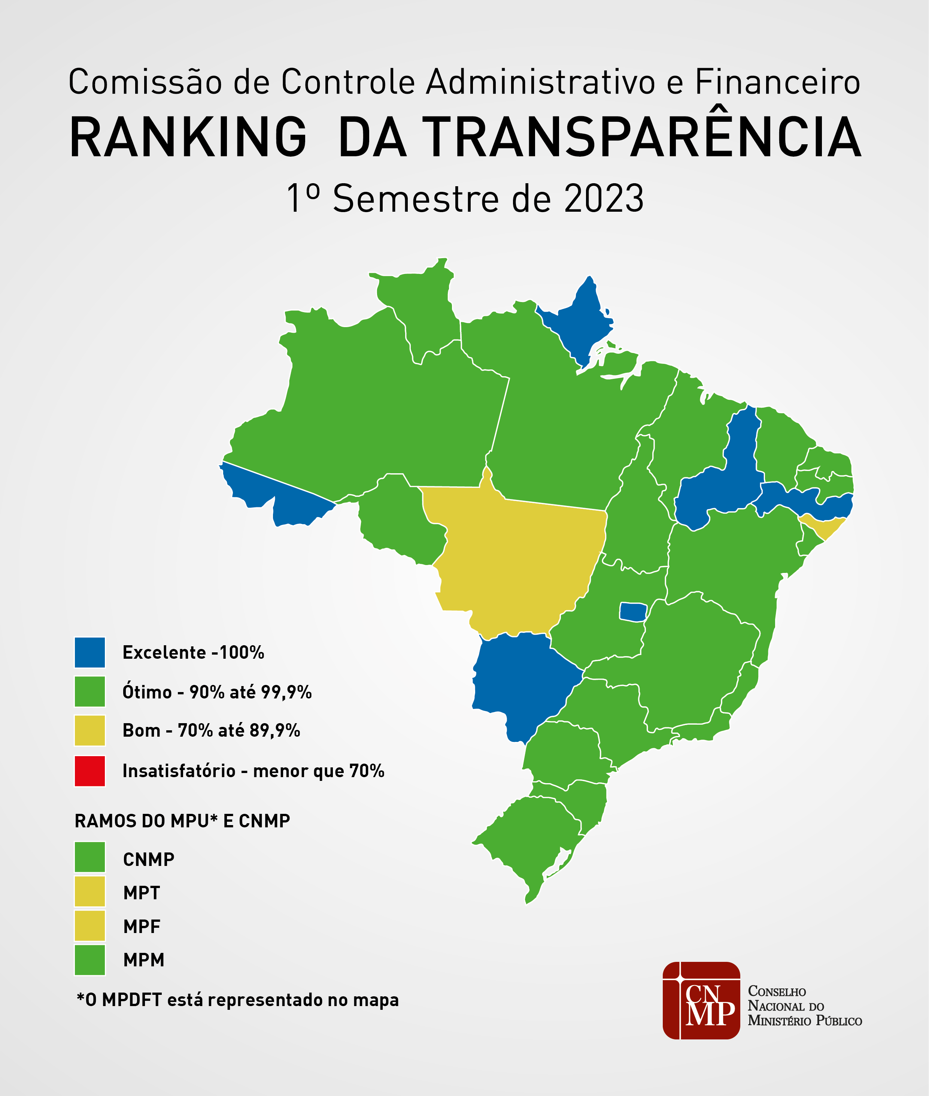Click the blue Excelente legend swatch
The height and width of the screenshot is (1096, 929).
click(89, 652)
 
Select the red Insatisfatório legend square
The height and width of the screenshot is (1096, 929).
click(89, 771)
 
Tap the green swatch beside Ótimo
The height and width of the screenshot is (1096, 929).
click(89, 691)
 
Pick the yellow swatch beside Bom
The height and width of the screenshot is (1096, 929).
click(89, 730)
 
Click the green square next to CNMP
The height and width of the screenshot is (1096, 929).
click(89, 857)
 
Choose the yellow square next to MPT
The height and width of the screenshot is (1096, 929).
click(89, 891)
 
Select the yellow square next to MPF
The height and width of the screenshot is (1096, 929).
click(89, 925)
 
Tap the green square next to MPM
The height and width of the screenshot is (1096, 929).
click(89, 960)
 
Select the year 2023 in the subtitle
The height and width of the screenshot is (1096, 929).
click(604, 199)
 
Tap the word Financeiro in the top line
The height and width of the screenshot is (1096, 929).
click(777, 83)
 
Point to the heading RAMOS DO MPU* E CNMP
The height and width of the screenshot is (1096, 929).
click(182, 821)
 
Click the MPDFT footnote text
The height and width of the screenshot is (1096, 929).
click(237, 1000)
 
